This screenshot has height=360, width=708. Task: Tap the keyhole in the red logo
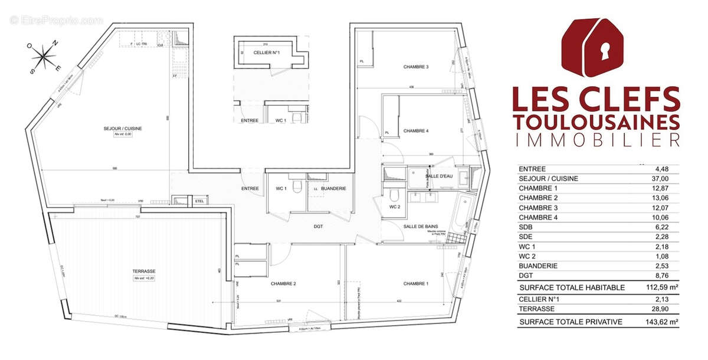coord(604,52)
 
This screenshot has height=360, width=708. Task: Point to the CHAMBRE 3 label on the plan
coord(416,67)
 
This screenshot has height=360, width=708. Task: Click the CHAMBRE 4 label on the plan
coord(416,130)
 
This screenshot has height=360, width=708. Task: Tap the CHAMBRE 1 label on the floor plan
coord(416,284)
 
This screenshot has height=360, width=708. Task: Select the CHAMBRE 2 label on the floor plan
coord(283,284)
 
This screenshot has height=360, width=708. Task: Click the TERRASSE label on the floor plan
coord(140,271)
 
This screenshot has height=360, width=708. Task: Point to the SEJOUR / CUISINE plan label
coord(124,128)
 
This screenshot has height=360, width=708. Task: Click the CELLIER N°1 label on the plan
coord(265,53)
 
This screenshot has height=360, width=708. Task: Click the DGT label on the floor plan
coord(318,226)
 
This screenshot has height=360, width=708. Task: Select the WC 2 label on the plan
coord(395,207)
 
